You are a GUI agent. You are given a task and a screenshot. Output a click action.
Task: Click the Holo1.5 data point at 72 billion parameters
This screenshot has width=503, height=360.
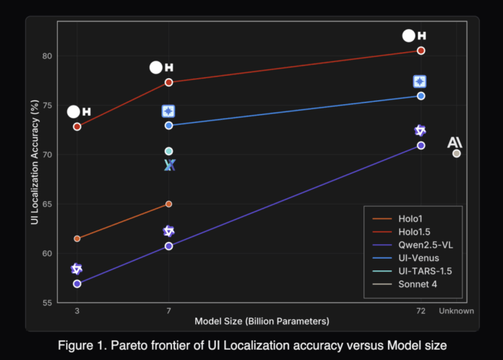(x=421, y=51)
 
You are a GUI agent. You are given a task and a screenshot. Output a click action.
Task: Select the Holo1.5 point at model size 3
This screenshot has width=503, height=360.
(x=77, y=127)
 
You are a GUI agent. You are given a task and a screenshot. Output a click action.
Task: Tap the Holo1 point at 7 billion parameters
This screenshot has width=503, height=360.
(x=169, y=204)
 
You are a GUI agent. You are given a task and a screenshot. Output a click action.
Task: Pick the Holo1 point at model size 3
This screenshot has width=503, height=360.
(x=77, y=239)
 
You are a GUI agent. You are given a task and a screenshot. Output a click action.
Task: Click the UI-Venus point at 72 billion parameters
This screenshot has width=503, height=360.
(x=421, y=96)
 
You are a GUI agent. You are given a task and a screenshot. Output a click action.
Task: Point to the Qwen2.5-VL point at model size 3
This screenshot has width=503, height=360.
(x=77, y=283)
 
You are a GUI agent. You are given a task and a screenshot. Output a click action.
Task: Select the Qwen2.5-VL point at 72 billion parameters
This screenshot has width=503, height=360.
(x=421, y=145)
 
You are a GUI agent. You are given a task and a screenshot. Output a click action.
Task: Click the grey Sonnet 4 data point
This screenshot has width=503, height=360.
(x=456, y=153)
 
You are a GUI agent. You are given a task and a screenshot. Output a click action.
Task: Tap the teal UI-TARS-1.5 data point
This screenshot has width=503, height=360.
(x=169, y=151)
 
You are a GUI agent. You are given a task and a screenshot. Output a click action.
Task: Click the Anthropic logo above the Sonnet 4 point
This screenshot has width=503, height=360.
(x=455, y=142)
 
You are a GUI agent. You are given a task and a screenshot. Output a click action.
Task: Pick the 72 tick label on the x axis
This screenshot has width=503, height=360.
(x=421, y=311)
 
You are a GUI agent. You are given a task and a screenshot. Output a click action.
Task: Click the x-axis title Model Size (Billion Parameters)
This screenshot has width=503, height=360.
(x=262, y=320)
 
